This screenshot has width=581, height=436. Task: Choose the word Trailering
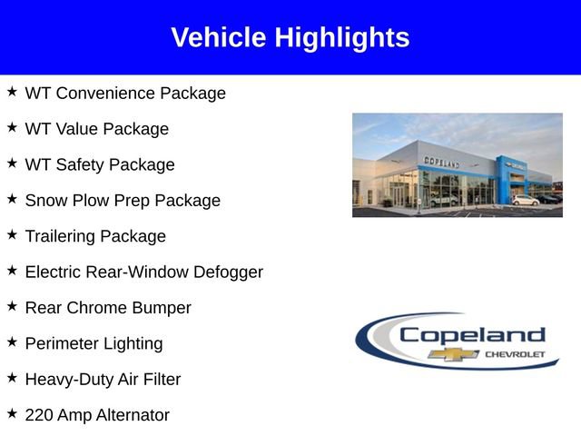60,237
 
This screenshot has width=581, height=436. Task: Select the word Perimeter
63,344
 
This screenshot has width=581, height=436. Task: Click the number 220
39,415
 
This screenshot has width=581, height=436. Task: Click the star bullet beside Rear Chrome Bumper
12,306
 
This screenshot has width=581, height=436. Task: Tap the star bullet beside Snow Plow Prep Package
12,199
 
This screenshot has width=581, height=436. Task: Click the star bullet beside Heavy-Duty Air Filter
12,378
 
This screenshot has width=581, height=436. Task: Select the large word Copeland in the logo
472,335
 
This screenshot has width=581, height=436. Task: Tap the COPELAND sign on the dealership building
441,162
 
